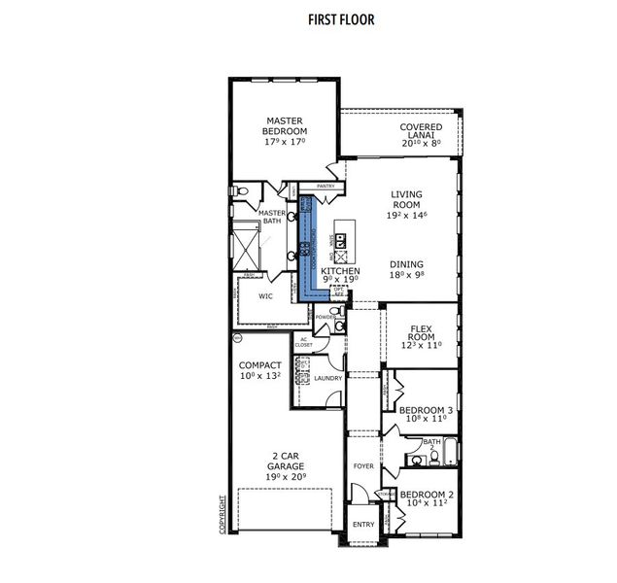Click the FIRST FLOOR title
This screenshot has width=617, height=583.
314,18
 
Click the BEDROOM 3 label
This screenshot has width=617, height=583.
427,411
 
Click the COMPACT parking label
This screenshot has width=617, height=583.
259,366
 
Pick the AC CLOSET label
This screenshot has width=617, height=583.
304,342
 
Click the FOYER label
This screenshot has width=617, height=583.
363,466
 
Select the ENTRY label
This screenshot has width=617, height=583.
363,525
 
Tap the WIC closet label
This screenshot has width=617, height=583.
265,296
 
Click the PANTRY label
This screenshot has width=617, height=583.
325,186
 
